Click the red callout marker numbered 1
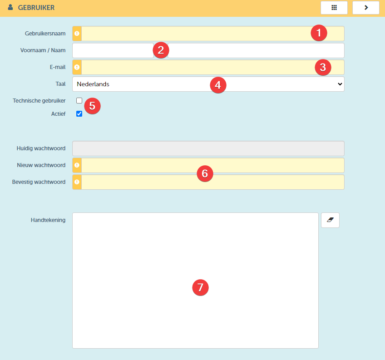tap(319, 33)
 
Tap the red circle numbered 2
tap(161, 50)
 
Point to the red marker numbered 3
tap(323, 67)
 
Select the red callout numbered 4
tap(218, 85)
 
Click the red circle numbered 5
tap(92, 106)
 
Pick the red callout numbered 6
tap(205, 173)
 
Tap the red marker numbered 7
tap(200, 287)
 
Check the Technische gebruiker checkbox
tap(79, 100)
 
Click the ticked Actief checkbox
tap(79, 113)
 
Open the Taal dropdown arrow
tap(340, 84)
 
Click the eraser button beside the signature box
tap(330, 220)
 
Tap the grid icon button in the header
tap(334, 8)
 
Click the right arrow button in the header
tap(366, 8)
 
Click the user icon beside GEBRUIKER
tap(10, 7)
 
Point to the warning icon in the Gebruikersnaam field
tap(77, 34)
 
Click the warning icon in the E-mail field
tap(77, 67)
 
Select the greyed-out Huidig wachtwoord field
tap(208, 148)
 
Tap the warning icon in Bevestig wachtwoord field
tap(77, 182)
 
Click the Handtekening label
tap(48, 220)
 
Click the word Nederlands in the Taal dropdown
tap(93, 84)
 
